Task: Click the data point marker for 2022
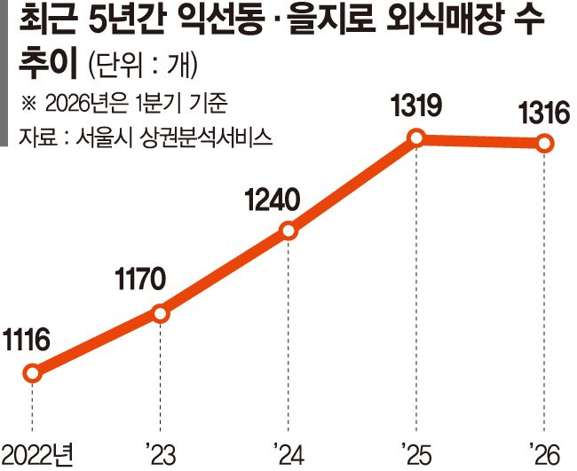click(32, 373)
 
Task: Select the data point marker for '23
click(161, 314)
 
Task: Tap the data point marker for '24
click(288, 231)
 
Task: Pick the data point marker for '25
click(416, 138)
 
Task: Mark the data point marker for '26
click(545, 143)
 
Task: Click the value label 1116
click(26, 340)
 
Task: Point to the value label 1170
click(140, 279)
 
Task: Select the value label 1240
click(272, 200)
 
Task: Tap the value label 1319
click(415, 106)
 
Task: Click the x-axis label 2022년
click(37, 455)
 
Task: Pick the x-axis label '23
click(161, 455)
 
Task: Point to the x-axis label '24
click(288, 455)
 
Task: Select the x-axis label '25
click(417, 455)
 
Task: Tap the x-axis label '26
click(545, 455)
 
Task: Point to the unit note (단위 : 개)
click(143, 66)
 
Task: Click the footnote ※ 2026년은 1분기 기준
click(124, 103)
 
